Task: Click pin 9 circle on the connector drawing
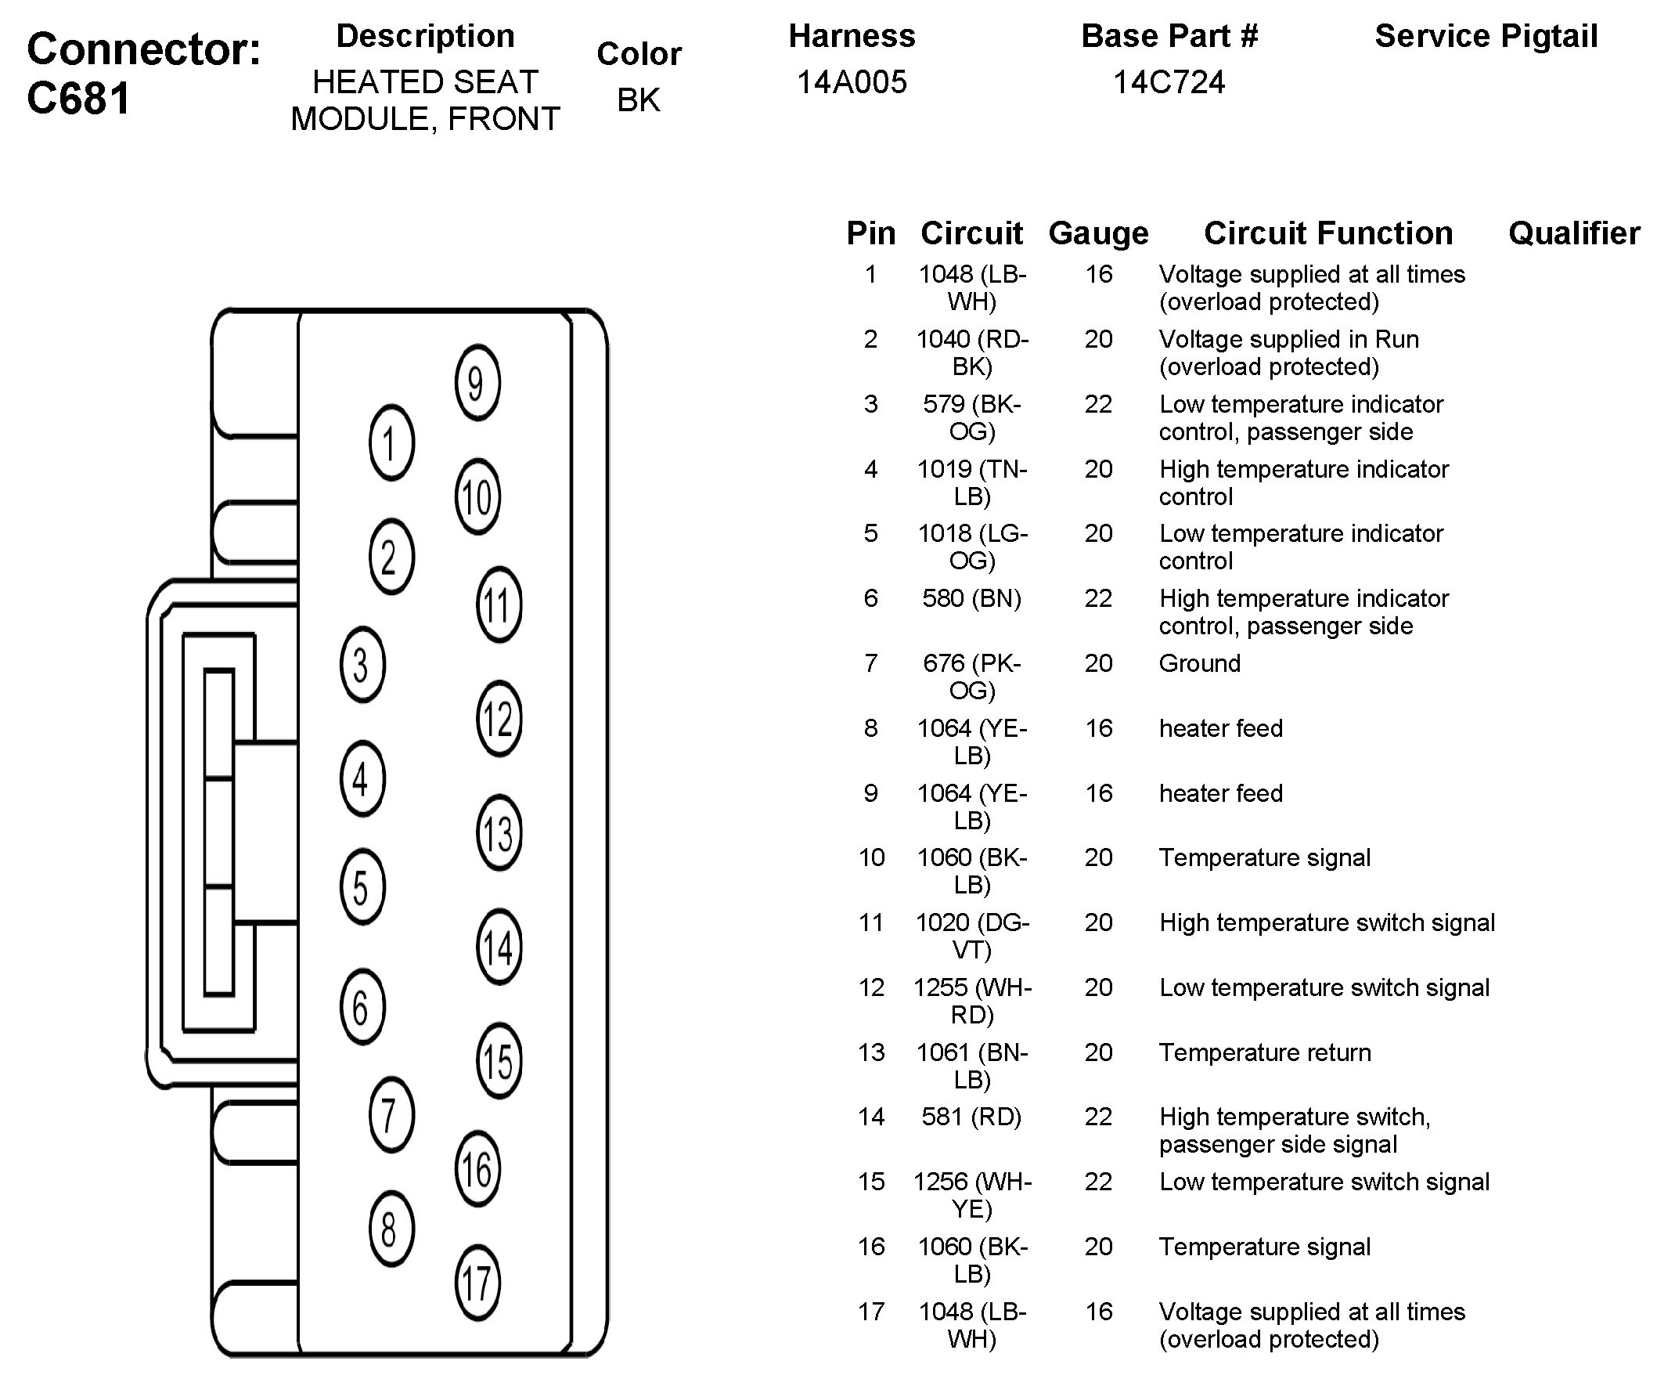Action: click(x=477, y=383)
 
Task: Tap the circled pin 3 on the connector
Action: click(x=362, y=665)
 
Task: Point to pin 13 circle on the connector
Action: click(x=499, y=834)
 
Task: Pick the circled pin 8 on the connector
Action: click(x=391, y=1229)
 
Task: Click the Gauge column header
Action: click(x=1098, y=233)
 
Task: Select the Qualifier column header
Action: click(x=1574, y=233)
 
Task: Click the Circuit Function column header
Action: click(x=1328, y=233)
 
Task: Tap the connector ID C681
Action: click(x=78, y=99)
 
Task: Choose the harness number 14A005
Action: click(x=852, y=82)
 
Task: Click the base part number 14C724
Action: click(x=1169, y=82)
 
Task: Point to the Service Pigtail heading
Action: click(x=1486, y=37)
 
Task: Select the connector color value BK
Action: click(x=638, y=100)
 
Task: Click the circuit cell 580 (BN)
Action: click(x=971, y=598)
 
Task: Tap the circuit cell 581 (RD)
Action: click(x=971, y=1117)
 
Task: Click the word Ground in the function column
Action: click(x=1199, y=663)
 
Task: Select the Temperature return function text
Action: click(x=1264, y=1052)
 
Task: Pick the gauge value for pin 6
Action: click(x=1098, y=598)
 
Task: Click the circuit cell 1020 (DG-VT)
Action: click(x=971, y=936)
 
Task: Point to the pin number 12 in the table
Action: click(x=871, y=988)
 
